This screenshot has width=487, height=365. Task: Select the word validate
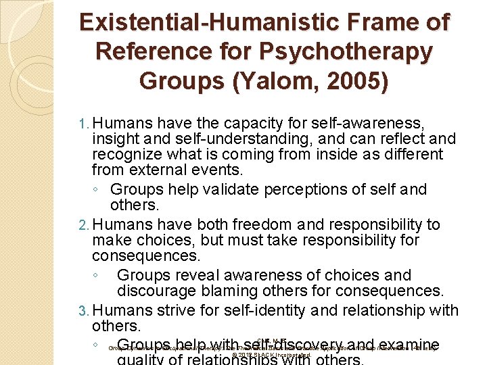click(x=218, y=189)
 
